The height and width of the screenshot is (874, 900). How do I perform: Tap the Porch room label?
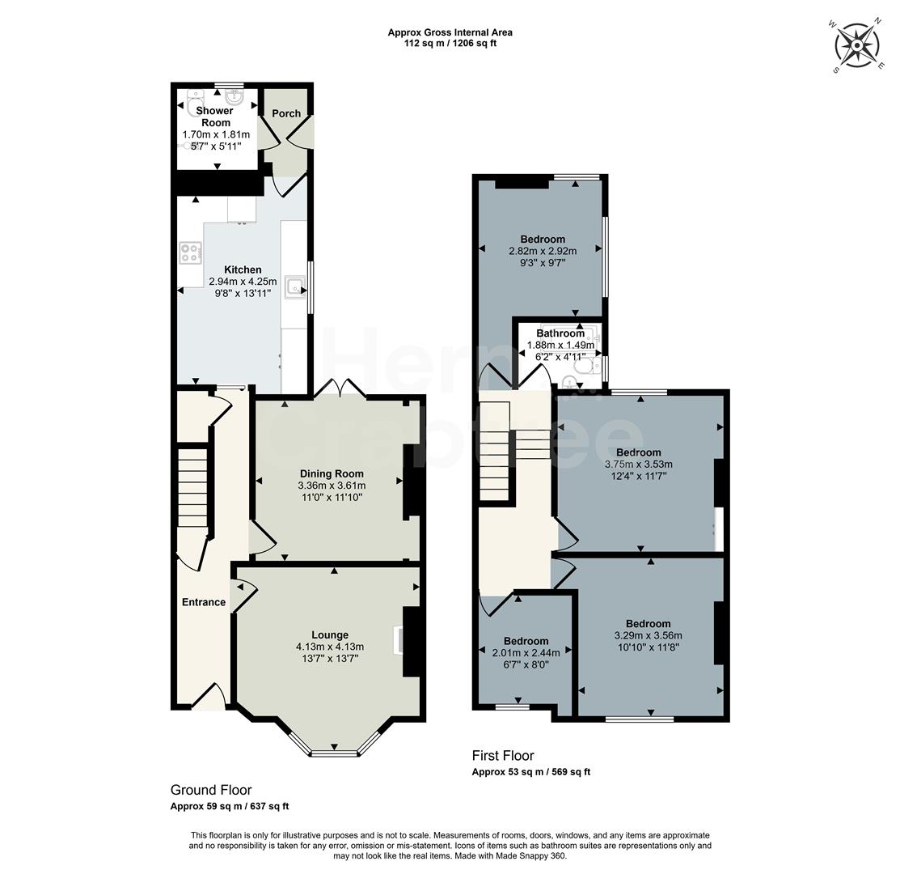285,114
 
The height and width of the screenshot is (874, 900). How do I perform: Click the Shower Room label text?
216,117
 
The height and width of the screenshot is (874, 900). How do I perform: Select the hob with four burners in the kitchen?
191,253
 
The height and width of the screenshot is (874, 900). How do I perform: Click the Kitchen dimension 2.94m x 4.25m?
243,282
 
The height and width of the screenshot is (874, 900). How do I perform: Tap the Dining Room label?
332,473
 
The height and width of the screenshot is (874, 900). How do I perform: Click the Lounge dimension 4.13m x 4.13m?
330,647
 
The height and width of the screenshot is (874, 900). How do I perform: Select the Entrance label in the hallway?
204,602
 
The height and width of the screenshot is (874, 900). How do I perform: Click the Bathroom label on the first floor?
560,333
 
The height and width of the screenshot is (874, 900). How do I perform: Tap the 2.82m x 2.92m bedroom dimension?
543,251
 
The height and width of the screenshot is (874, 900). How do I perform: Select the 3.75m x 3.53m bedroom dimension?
638,465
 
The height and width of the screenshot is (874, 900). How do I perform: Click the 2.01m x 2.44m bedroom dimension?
526,653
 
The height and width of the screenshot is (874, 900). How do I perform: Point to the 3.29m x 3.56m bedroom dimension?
648,635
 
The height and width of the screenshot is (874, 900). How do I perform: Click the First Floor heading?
503,755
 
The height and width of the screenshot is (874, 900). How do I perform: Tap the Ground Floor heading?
211,790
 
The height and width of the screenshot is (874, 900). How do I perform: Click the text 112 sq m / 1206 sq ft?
450,44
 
